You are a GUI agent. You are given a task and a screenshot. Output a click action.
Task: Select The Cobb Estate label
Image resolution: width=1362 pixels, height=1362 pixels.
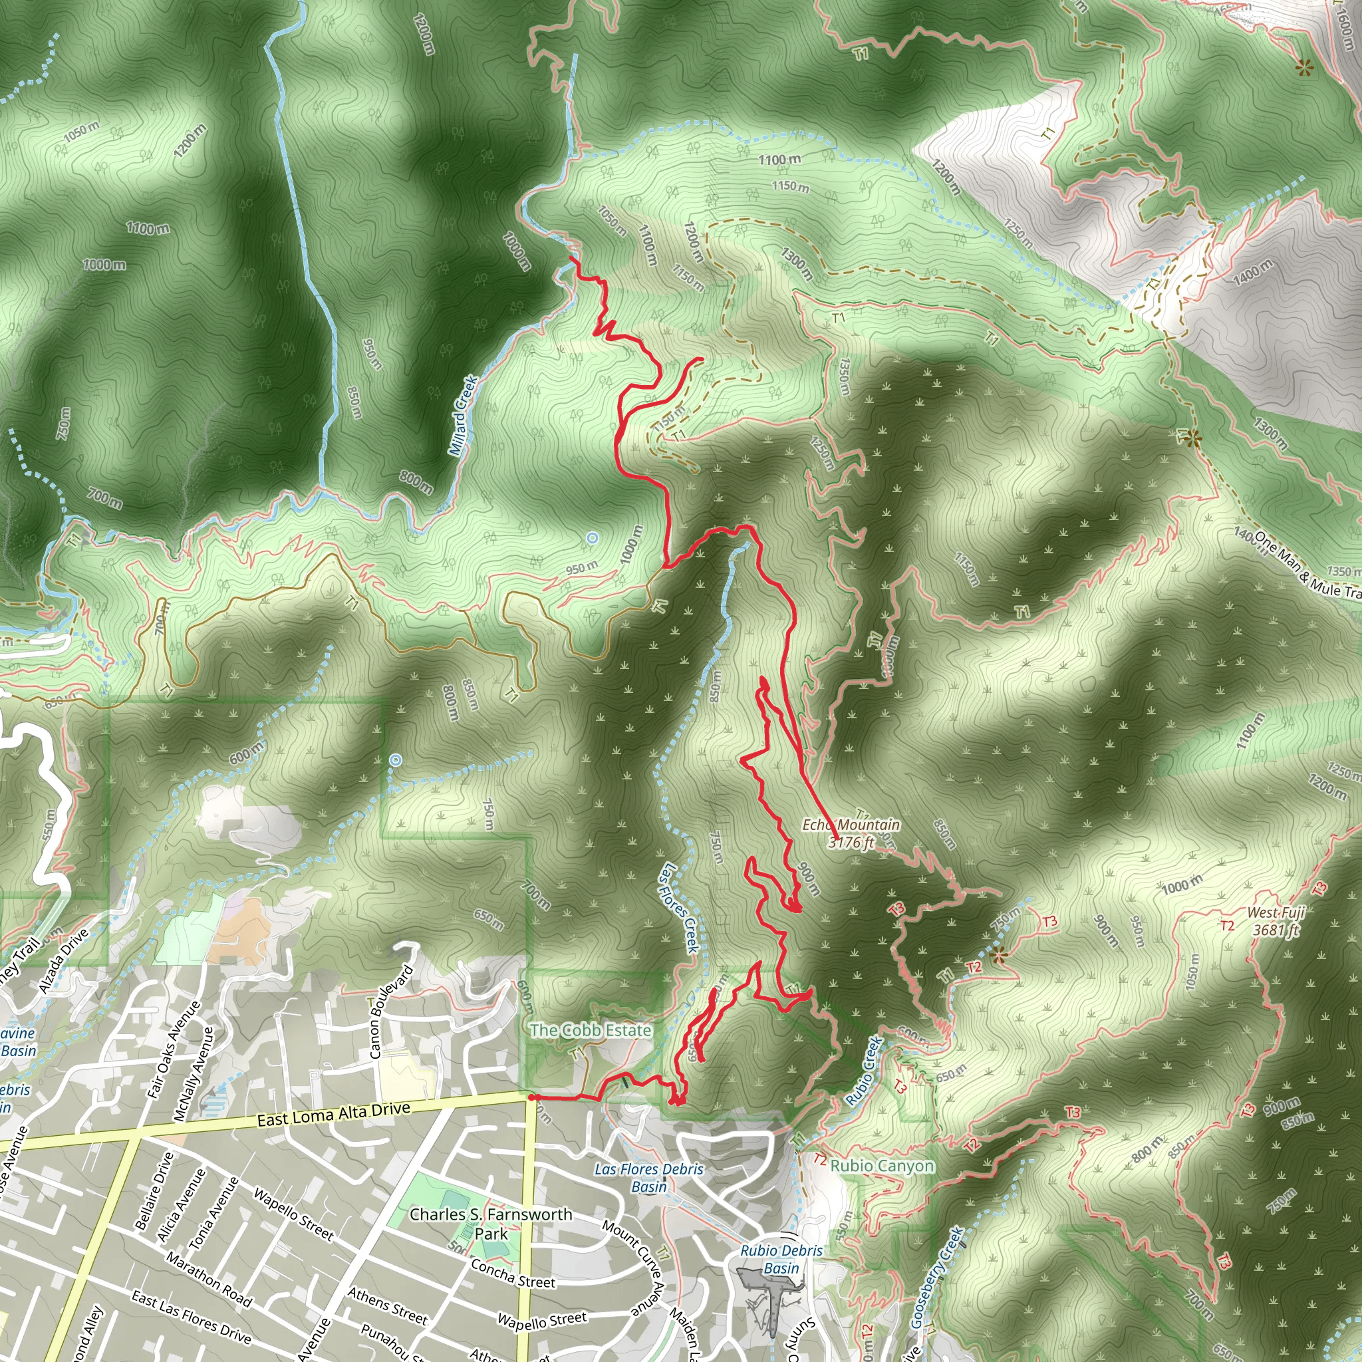(590, 1030)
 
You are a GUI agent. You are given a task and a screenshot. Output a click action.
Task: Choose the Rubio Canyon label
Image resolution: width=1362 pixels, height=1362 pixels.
(882, 1165)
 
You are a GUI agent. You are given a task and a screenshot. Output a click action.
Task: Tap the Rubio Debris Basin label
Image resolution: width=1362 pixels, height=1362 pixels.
(781, 1259)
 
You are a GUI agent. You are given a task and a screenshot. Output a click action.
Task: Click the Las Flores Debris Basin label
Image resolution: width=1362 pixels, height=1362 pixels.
(648, 1177)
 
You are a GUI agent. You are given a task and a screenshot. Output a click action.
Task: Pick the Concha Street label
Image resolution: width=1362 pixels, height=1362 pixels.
(513, 1273)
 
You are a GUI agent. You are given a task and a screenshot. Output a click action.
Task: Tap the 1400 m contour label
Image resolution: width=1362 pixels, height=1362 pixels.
(1253, 272)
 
